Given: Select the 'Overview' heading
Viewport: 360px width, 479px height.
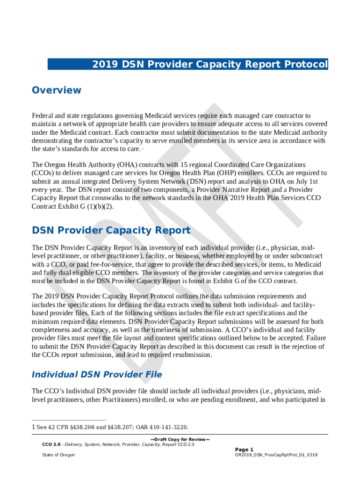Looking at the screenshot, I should (57, 90).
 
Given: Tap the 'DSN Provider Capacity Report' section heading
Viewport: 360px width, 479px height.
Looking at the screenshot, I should (111, 230).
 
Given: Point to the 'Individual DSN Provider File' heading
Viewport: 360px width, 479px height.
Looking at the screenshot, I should (97, 374).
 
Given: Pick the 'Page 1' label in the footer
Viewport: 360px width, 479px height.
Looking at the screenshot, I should (244, 449).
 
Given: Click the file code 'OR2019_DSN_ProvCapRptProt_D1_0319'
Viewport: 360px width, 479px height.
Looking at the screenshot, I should (276, 455).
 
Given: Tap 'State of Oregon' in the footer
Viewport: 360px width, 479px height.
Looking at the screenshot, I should (58, 455).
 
